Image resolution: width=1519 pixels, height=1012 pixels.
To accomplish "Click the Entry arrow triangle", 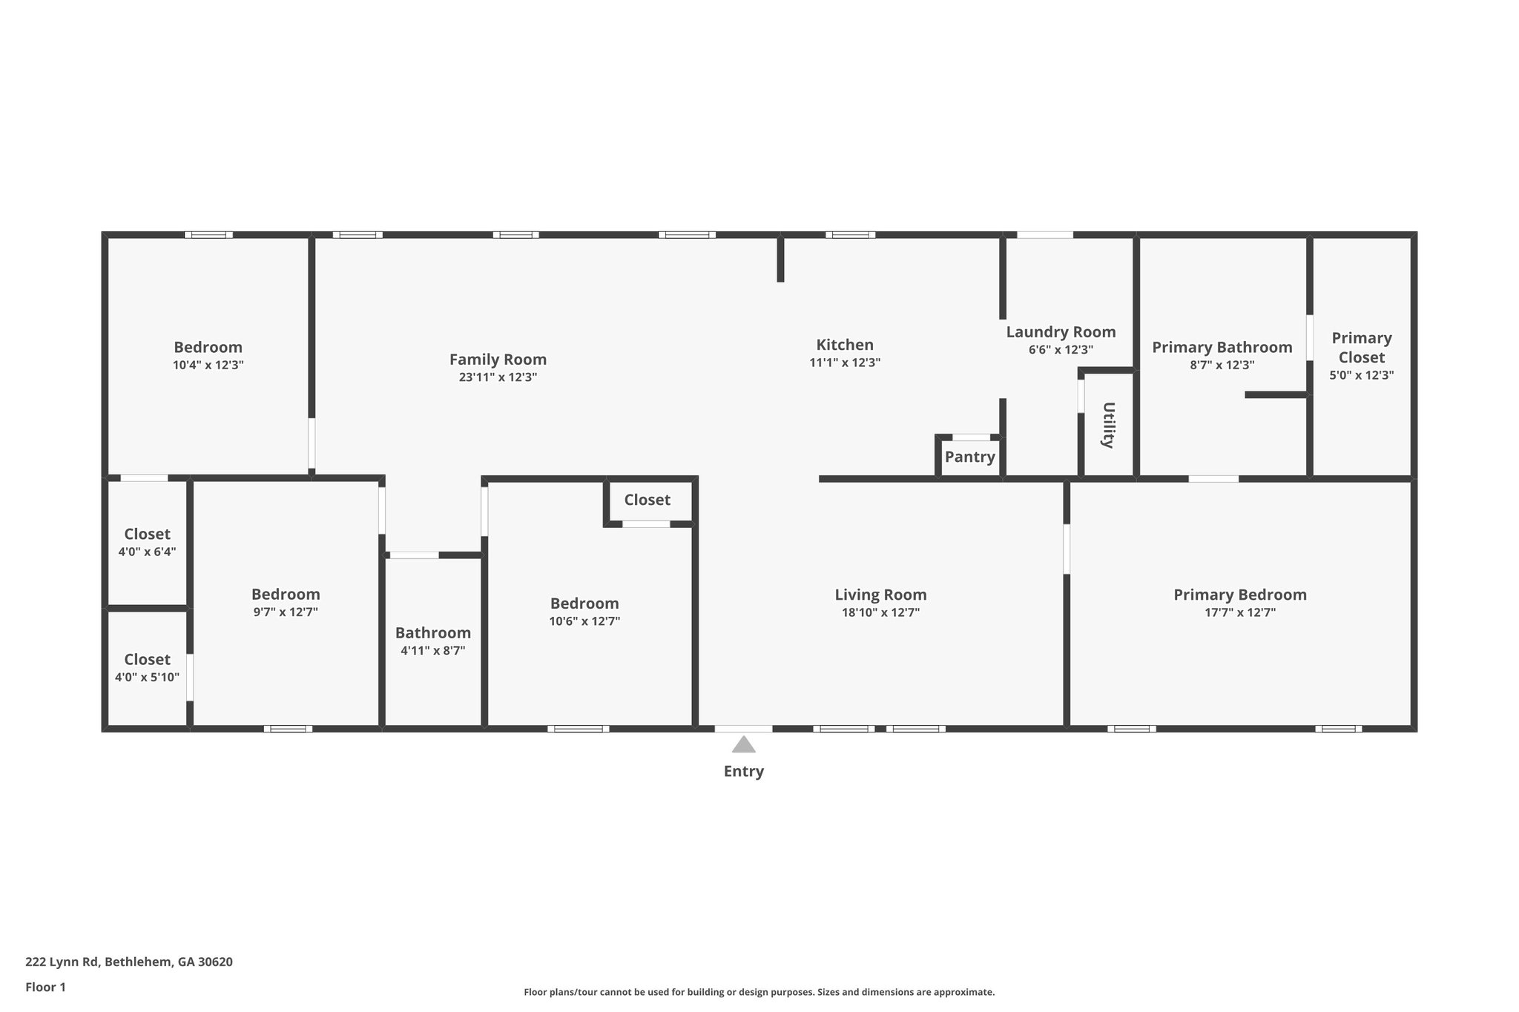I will tap(743, 744).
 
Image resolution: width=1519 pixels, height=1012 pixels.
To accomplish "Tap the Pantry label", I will tap(969, 457).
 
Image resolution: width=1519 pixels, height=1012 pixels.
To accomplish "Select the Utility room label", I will tap(1108, 425).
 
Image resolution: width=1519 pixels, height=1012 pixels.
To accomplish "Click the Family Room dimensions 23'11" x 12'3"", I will tap(498, 377).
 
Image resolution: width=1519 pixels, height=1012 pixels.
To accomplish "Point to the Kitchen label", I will tap(845, 345).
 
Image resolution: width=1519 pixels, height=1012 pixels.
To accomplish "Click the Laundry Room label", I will tap(1061, 332).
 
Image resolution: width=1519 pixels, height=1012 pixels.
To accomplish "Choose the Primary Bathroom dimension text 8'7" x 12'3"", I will tap(1222, 366).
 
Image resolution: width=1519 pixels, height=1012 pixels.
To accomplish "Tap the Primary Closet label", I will tap(1361, 348).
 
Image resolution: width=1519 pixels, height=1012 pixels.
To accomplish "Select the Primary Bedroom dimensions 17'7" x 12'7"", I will tap(1239, 613).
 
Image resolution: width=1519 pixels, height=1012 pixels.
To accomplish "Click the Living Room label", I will tap(880, 595).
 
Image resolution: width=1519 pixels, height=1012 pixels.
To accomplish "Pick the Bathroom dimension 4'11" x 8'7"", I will tap(432, 651).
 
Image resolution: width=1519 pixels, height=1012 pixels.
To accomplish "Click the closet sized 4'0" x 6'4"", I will tap(147, 542).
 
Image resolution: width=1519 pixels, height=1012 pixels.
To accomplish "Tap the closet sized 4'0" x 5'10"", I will tap(147, 667).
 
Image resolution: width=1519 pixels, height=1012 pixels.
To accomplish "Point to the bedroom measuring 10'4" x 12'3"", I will tap(208, 355).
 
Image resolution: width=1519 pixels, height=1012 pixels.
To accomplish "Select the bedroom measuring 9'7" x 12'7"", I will tap(286, 602).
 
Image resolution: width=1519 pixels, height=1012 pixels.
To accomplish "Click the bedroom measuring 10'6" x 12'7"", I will tap(584, 611).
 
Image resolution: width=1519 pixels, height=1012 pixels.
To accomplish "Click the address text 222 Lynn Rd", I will tap(129, 962).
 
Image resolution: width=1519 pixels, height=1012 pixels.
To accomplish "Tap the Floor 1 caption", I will tap(45, 988).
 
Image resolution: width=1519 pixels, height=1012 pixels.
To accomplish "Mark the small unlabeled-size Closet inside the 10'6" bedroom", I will tap(647, 500).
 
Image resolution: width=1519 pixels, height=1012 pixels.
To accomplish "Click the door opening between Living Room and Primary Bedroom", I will tap(1067, 549).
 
